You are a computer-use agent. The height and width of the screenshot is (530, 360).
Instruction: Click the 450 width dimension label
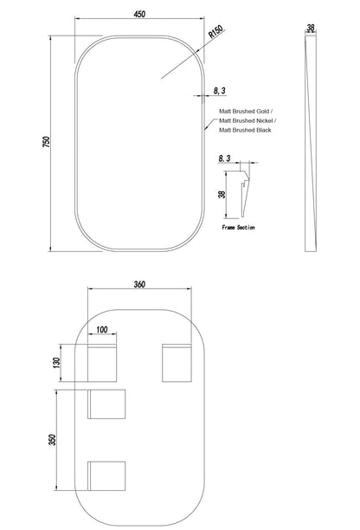tap(139, 14)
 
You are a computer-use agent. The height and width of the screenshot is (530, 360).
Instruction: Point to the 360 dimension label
tap(139, 284)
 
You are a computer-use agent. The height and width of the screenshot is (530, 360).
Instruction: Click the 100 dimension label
tap(102, 329)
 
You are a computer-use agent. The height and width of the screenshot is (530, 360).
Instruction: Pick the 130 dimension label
tap(56, 363)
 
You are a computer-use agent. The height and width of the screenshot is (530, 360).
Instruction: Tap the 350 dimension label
tap(52, 440)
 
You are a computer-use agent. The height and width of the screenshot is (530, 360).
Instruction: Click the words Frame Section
tap(239, 228)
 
